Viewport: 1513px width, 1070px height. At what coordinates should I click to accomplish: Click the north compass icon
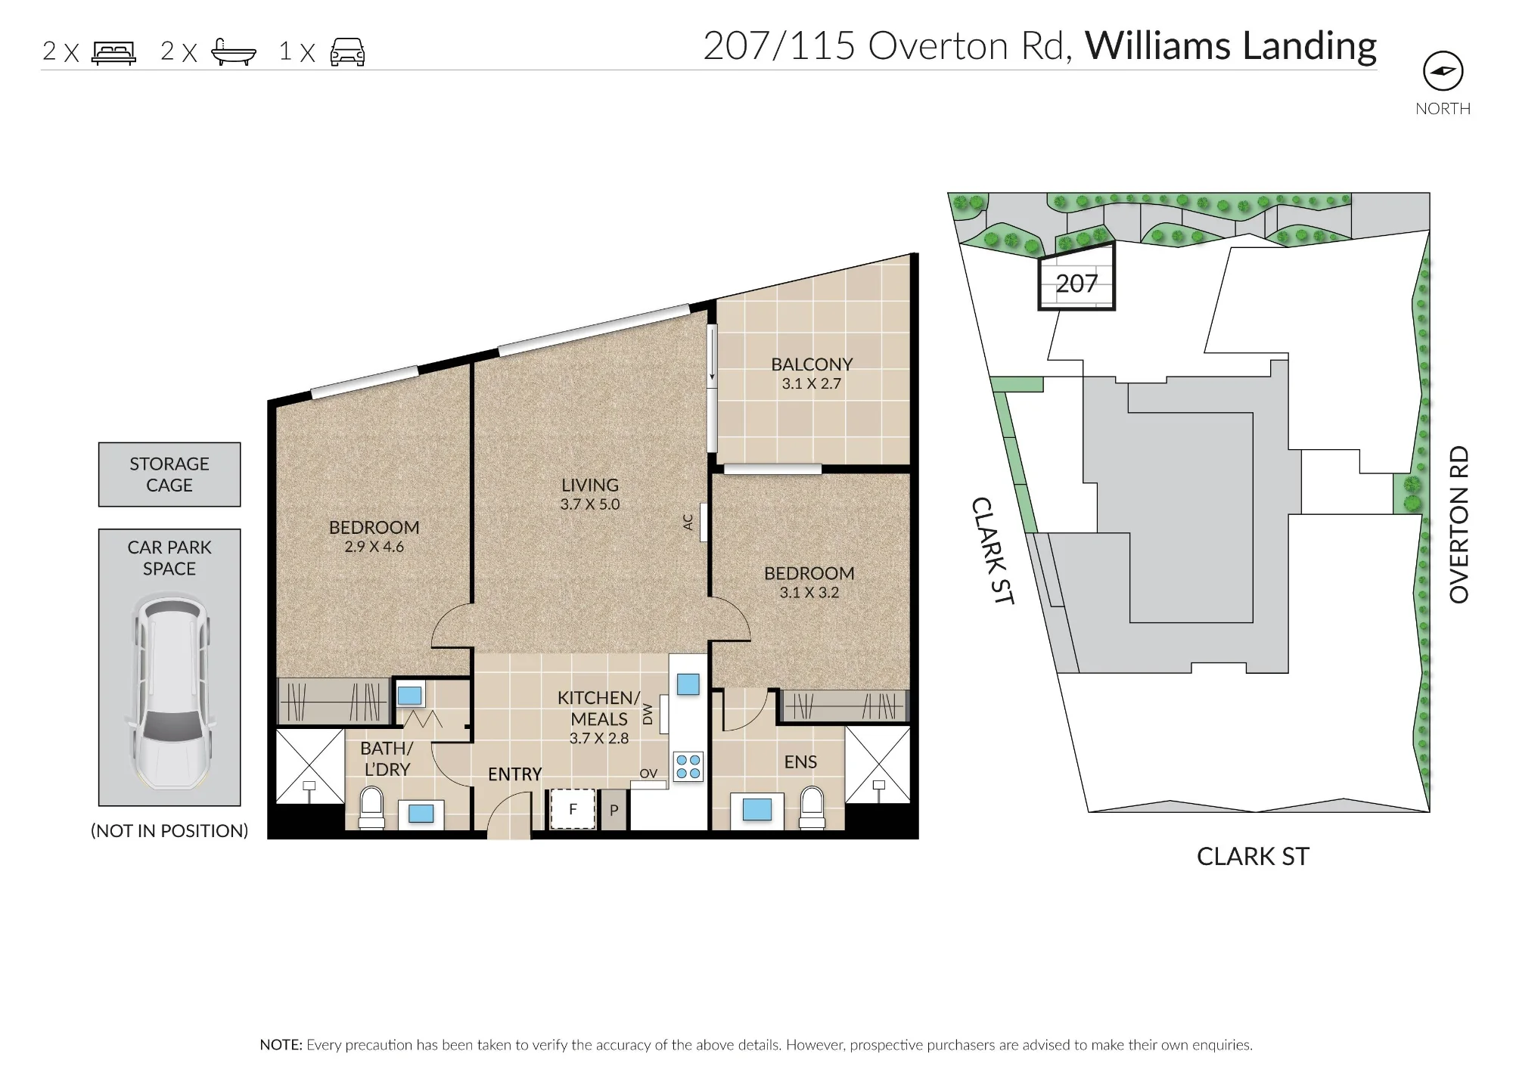click(x=1443, y=71)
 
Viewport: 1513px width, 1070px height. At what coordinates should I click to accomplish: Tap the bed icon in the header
click(x=113, y=52)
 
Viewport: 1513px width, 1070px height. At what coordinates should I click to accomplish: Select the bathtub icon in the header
click(x=234, y=52)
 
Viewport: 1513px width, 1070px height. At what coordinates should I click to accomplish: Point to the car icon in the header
click(x=347, y=52)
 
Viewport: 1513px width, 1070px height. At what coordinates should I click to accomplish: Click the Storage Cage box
click(x=169, y=474)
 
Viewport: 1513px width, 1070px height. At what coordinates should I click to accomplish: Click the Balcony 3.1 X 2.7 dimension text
click(x=812, y=383)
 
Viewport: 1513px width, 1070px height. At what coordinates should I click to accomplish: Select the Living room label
click(x=590, y=485)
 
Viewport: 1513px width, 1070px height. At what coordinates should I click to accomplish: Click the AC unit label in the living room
click(x=688, y=522)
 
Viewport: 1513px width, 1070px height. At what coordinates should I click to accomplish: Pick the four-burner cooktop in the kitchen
click(x=688, y=766)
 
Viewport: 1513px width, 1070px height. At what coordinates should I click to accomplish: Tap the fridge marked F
click(x=573, y=809)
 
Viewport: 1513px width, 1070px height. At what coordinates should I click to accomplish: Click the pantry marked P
click(x=614, y=810)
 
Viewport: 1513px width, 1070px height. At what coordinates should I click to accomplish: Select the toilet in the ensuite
click(x=812, y=808)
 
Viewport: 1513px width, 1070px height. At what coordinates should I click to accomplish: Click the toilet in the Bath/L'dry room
click(x=371, y=808)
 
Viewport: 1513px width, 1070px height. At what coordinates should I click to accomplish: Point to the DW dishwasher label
click(x=648, y=714)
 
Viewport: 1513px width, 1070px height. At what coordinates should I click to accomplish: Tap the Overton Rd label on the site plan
click(x=1459, y=524)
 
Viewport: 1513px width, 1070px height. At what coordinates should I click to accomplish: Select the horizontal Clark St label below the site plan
click(x=1253, y=856)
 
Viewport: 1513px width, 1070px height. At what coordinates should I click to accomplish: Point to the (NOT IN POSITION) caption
click(x=169, y=831)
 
